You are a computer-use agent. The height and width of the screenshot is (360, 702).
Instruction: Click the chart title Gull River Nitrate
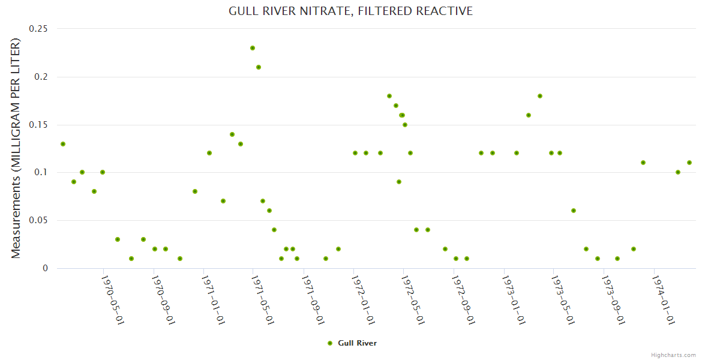coord(350,11)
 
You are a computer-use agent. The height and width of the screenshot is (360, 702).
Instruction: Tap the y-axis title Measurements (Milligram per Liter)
coord(16,148)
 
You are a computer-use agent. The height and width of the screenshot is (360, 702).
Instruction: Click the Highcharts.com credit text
coord(673,355)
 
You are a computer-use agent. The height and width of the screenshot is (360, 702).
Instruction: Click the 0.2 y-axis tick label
coord(41,77)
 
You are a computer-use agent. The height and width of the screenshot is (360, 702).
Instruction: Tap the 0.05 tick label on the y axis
coord(38,221)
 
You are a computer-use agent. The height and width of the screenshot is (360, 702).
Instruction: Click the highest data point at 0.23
coord(253,48)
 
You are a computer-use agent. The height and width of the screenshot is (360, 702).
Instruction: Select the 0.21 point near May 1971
coord(259,67)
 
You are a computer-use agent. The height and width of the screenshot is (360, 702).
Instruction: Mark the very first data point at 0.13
coord(63,144)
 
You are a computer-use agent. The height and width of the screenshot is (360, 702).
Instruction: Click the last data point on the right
coord(689,163)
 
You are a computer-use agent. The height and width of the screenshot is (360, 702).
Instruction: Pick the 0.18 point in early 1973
coord(540,96)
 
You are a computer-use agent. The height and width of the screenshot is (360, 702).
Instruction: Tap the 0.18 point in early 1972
coord(389,96)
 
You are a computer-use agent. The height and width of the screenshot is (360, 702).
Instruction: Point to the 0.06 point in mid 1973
coord(574,211)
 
